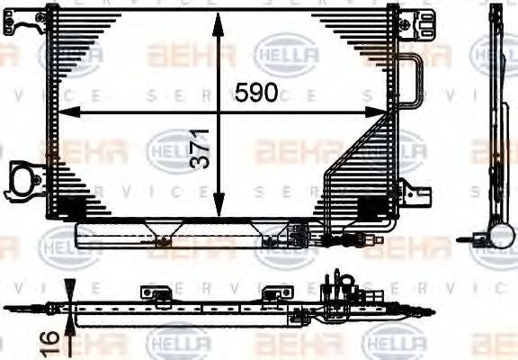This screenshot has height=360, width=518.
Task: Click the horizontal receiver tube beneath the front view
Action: (180, 236)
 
